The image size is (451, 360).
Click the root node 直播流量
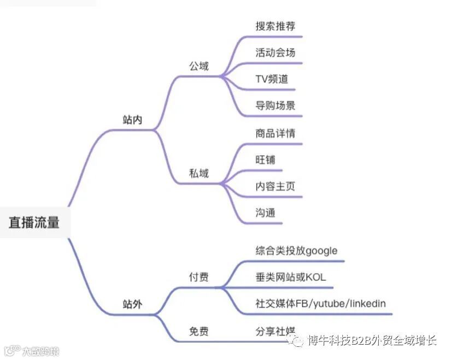click(x=34, y=222)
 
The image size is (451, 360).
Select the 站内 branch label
click(x=132, y=120)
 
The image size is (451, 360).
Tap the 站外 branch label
click(x=132, y=304)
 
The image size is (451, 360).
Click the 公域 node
click(x=199, y=67)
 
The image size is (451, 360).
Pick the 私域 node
click(x=199, y=173)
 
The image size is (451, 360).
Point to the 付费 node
click(x=199, y=278)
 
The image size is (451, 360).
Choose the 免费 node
click(x=199, y=332)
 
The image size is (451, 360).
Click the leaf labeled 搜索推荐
click(x=276, y=26)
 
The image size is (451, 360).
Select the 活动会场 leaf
click(x=276, y=52)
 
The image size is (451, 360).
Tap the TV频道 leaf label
click(x=271, y=79)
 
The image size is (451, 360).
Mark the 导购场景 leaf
click(x=276, y=105)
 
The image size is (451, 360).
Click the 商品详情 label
click(x=276, y=133)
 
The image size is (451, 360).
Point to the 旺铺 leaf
click(x=265, y=160)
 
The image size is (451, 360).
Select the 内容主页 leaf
click(x=276, y=186)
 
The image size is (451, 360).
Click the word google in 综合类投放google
click(x=321, y=251)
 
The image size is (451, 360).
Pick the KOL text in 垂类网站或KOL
click(x=315, y=278)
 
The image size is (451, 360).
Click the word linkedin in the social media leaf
click(x=368, y=304)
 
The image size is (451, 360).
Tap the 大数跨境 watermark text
click(x=39, y=351)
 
